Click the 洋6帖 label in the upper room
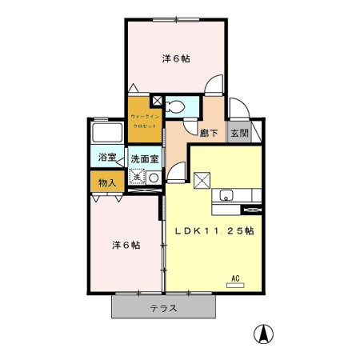point(176,58)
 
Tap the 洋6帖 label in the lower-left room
point(126,246)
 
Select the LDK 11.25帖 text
point(214,230)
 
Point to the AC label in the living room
point(235,278)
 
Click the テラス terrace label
point(163,307)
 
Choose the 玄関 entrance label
point(239,134)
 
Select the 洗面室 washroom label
point(145,158)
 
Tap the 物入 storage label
point(107,182)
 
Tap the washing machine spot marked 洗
point(136,177)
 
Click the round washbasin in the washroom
point(152,177)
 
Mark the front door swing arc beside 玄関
point(238,112)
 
